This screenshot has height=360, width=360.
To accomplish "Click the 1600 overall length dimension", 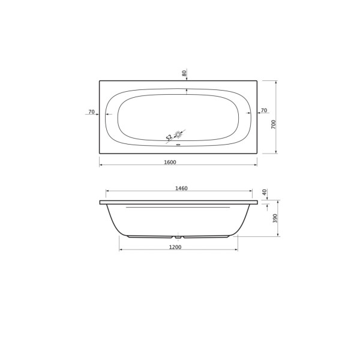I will coord(178,161).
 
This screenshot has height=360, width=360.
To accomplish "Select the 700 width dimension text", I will coord(273,125).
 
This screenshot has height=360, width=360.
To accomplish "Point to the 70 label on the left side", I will coord(91,112).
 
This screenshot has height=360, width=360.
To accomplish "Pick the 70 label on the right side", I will coord(264,112).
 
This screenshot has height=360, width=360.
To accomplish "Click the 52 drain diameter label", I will coord(169,137).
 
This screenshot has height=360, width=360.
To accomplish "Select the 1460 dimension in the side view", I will coord(181,188).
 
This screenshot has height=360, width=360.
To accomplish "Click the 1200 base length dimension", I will coord(175,246).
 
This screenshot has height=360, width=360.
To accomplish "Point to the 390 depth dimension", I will coord(275,218).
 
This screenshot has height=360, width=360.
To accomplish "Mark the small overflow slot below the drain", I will coord(178,143).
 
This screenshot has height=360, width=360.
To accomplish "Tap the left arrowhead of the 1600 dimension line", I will coord(101,165).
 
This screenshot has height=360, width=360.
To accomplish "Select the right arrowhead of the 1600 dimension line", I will coord(256,165).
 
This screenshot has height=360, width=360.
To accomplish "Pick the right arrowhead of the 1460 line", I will coord(250,191).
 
